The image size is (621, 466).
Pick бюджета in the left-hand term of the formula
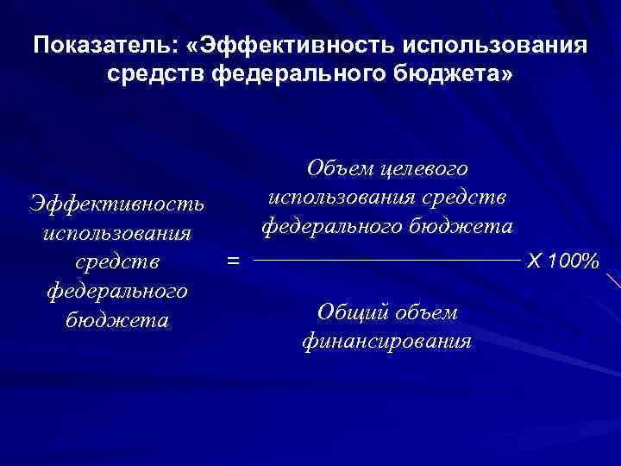116,318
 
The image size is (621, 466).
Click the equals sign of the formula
232,257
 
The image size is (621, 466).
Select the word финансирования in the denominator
387,340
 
